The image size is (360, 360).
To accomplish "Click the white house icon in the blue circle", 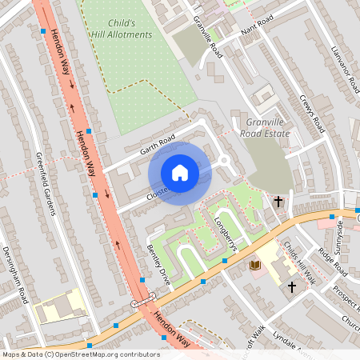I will coord(180,173).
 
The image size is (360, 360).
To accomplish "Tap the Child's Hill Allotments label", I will coord(124,29).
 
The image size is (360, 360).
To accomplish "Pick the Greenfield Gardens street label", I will coord(45,184).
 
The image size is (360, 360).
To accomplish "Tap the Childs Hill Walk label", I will coord(300,265).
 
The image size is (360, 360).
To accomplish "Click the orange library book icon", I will coord(255,265).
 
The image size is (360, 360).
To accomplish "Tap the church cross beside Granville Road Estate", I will coord(278,202).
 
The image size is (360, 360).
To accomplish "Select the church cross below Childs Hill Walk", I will coord(292,286).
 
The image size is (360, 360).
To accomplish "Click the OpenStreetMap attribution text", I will coord(80,354).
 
